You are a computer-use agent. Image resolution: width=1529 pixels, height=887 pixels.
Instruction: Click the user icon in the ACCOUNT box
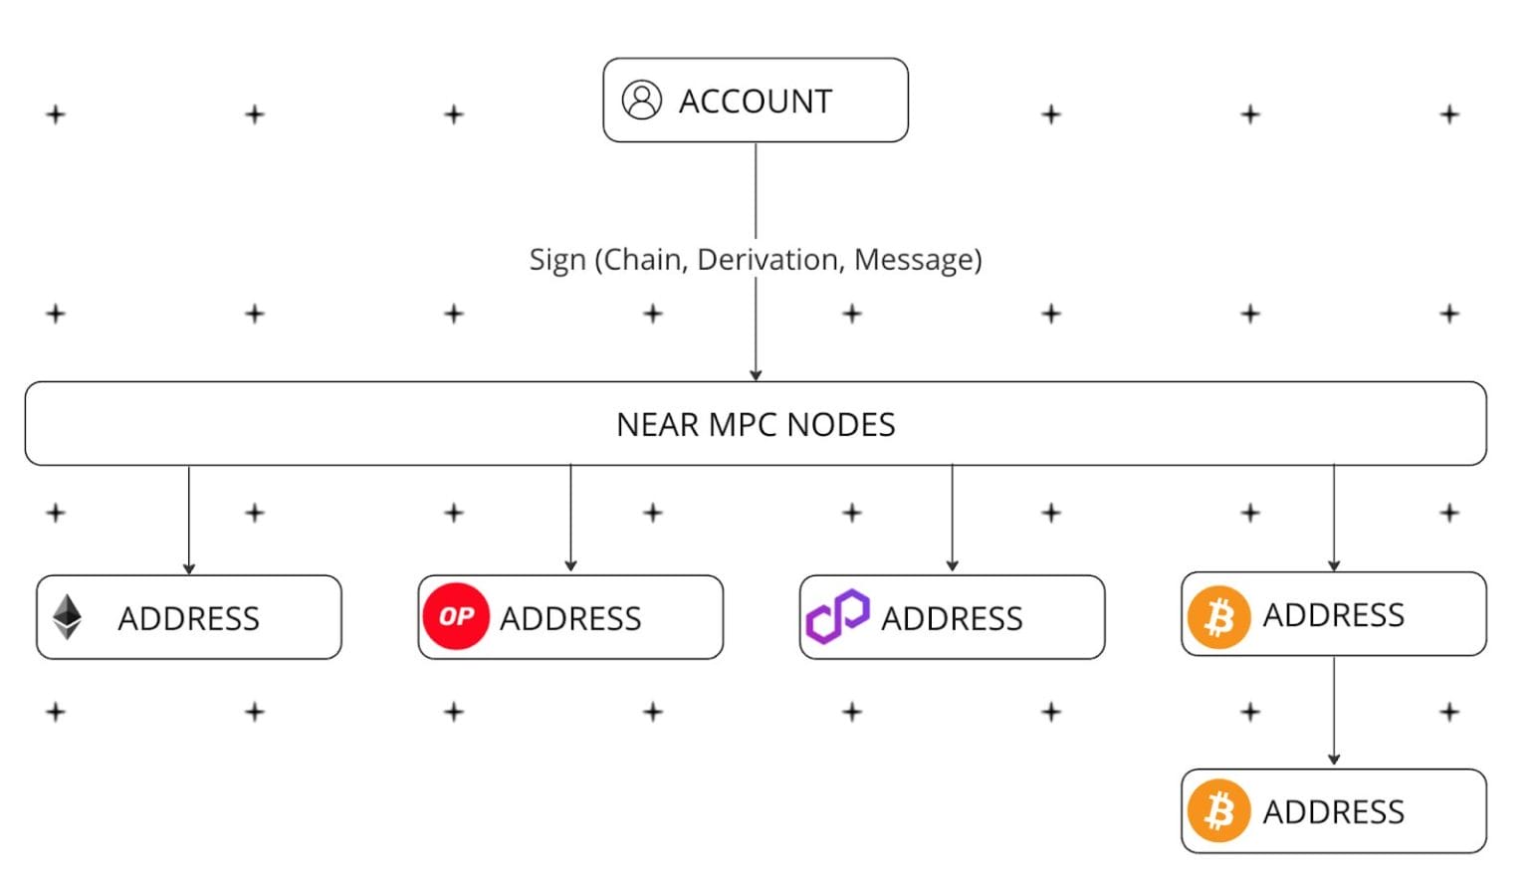641,101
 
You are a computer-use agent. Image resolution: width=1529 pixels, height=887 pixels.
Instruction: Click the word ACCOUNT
755,102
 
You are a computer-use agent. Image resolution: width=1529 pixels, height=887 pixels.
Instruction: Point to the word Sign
557,261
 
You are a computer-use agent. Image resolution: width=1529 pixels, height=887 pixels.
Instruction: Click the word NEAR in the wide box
658,425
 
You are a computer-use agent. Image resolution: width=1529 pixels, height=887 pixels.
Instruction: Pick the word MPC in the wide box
743,425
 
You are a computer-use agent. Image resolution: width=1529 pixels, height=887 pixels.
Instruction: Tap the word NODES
840,425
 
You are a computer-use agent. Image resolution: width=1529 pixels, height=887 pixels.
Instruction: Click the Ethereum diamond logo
68,617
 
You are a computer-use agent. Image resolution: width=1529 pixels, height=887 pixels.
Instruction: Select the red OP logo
456,616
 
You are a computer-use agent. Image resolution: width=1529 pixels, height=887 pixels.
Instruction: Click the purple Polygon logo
837,616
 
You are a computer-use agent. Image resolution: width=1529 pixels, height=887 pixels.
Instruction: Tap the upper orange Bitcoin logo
1218,616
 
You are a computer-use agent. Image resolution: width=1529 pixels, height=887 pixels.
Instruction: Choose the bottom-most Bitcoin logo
1218,811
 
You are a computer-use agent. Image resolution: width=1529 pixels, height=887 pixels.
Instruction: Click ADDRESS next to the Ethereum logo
189,619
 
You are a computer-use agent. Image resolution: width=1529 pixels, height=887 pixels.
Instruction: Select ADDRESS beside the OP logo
570,619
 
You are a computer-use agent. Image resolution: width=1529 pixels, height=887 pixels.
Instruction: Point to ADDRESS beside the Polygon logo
952,619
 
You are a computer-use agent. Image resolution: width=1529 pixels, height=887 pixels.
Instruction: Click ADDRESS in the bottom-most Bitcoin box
1334,812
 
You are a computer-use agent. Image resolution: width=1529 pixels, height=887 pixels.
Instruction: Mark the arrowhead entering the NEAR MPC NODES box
756,374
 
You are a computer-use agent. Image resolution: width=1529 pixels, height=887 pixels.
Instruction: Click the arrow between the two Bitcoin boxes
1334,711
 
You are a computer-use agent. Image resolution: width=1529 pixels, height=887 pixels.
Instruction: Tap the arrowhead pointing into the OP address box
570,566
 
